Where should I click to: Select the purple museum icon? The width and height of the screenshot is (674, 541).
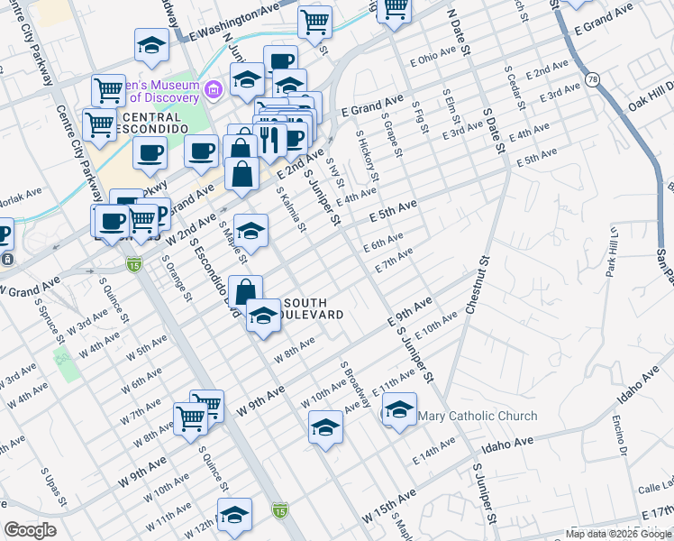pyautogui.click(x=213, y=88)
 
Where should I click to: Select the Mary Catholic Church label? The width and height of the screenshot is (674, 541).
pyautogui.click(x=478, y=416)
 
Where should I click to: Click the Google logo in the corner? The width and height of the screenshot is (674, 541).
pyautogui.click(x=30, y=530)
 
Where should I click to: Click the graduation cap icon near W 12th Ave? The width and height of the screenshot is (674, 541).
pyautogui.click(x=234, y=514)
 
